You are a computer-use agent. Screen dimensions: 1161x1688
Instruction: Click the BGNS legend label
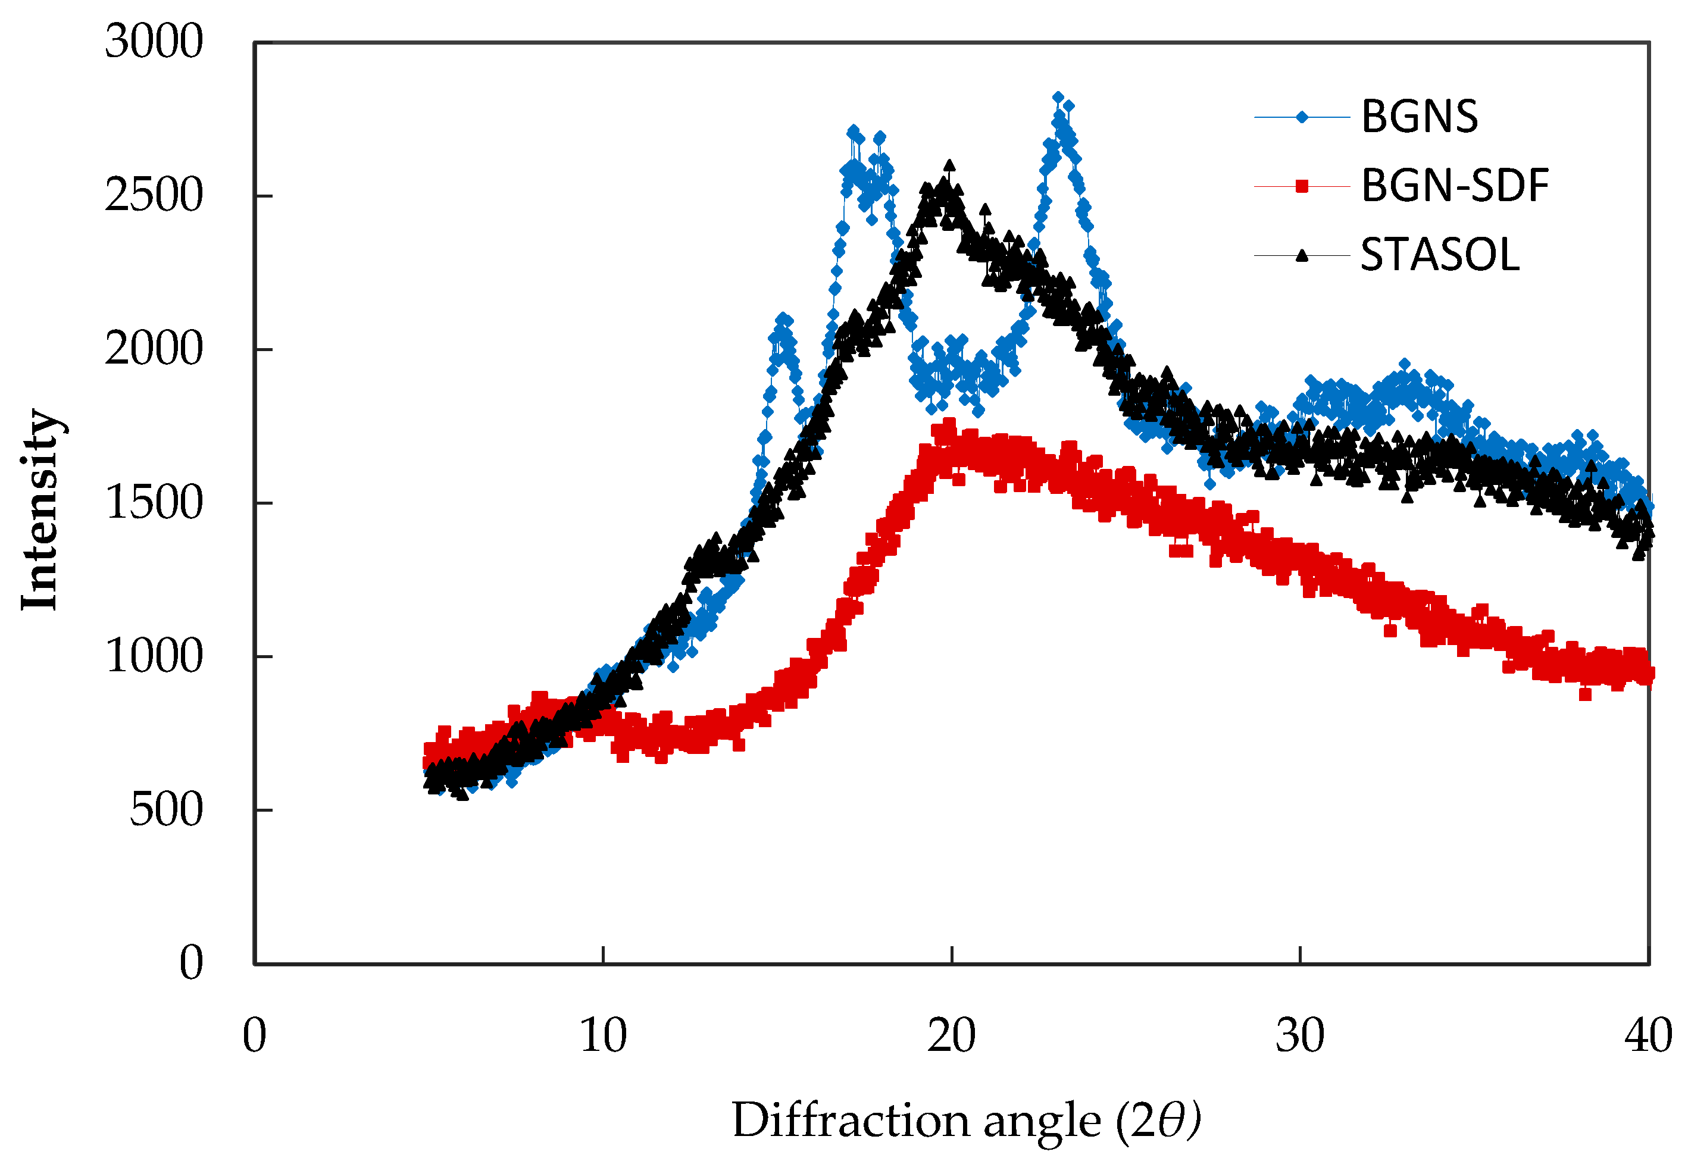[1419, 117]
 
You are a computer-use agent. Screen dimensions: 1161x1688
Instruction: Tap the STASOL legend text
[1439, 255]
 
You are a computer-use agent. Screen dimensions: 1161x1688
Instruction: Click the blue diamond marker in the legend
[1302, 117]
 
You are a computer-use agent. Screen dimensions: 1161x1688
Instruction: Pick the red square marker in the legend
[1302, 187]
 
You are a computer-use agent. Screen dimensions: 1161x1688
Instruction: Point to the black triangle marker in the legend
[1302, 255]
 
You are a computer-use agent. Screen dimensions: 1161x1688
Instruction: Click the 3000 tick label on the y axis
[154, 42]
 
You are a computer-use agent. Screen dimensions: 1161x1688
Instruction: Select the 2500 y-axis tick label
[154, 195]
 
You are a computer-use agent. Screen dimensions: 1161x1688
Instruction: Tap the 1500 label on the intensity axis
[154, 503]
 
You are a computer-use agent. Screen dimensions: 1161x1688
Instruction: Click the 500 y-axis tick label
[166, 810]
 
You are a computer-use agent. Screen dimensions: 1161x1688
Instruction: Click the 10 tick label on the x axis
[602, 1036]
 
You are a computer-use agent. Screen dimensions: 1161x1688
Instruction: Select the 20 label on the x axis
[951, 1036]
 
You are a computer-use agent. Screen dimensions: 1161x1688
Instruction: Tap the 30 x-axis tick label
[1299, 1036]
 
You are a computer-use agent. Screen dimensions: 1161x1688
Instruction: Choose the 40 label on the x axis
[1648, 1036]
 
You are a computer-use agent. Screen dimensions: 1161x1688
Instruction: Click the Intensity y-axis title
[40, 509]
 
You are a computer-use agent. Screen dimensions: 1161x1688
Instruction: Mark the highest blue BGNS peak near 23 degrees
[1058, 98]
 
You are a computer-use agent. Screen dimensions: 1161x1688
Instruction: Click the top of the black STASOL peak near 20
[949, 167]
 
